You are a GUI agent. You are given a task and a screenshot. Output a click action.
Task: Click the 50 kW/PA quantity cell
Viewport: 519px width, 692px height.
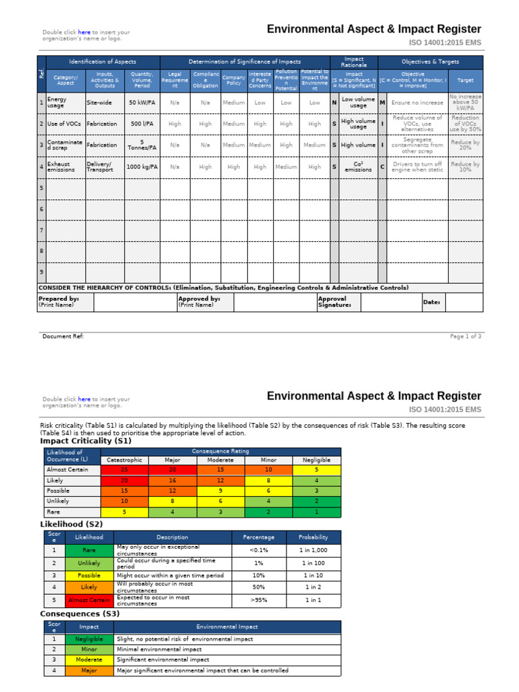tap(142, 103)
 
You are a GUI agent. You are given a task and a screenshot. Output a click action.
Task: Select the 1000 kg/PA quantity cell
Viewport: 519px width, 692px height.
tap(142, 167)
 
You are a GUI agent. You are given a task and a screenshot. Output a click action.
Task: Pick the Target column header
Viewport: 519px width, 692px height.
tap(466, 80)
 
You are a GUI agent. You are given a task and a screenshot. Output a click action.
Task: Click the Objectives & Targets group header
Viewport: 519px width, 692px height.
tap(430, 61)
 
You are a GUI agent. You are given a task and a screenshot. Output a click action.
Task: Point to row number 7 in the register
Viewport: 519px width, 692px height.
tap(41, 230)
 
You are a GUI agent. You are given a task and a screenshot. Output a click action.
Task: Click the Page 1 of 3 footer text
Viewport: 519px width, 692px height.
tap(466, 336)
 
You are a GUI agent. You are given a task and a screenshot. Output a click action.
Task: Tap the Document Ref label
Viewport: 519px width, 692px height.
tap(63, 336)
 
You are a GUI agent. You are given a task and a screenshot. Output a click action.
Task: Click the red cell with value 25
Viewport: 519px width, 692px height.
tap(124, 469)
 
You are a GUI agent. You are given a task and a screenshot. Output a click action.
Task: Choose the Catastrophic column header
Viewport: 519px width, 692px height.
tap(124, 460)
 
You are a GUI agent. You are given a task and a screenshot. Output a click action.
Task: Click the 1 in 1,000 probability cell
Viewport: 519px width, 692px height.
tap(312, 551)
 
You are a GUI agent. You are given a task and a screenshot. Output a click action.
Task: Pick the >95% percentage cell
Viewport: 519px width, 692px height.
tap(259, 599)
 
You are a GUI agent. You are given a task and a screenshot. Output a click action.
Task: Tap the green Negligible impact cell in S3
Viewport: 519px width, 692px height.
tap(89, 639)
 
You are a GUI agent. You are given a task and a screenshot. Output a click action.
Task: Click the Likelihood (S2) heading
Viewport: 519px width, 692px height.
tap(72, 523)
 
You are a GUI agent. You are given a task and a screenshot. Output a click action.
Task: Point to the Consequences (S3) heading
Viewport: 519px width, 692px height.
tap(79, 614)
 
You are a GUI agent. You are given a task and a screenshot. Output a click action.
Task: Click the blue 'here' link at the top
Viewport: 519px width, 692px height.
tap(84, 32)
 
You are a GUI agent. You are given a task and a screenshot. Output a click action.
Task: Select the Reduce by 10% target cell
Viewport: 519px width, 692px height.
tap(466, 167)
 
